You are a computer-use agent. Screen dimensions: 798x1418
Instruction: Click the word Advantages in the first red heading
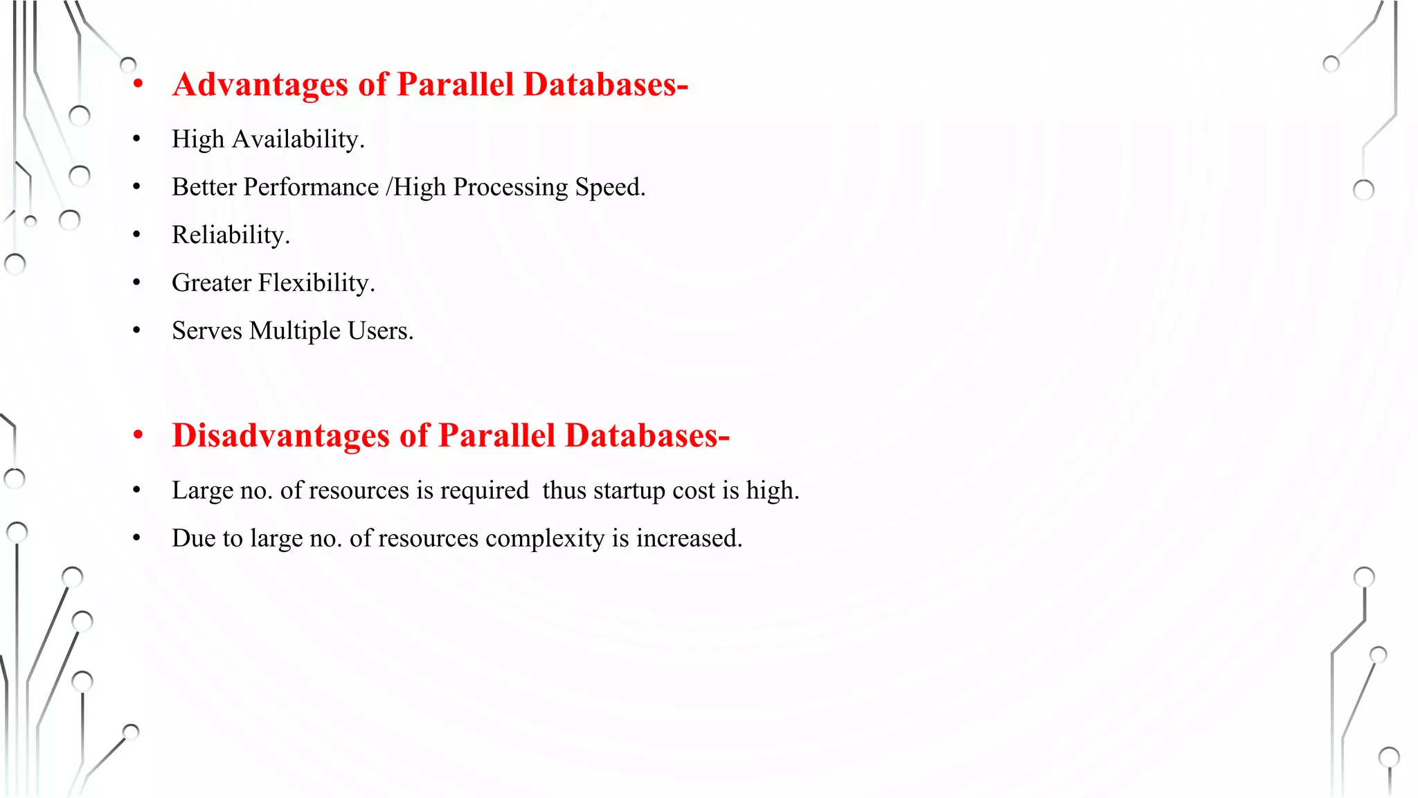(260, 85)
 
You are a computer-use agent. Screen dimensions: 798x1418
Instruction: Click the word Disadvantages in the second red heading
(280, 436)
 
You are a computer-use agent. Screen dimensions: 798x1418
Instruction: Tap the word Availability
(298, 139)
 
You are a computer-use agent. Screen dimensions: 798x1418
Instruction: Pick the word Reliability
(231, 235)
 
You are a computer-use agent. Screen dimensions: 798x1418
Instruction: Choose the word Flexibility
(316, 283)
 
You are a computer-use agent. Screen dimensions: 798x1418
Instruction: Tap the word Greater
(211, 283)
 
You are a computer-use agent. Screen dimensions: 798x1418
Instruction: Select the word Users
(380, 331)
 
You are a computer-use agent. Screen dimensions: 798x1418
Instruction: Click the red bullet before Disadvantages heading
(138, 436)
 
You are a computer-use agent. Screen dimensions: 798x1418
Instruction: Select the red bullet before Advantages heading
(138, 85)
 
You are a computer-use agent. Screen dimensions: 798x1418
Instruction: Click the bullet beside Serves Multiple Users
(137, 331)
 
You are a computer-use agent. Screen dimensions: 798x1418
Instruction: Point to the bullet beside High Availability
(137, 139)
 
